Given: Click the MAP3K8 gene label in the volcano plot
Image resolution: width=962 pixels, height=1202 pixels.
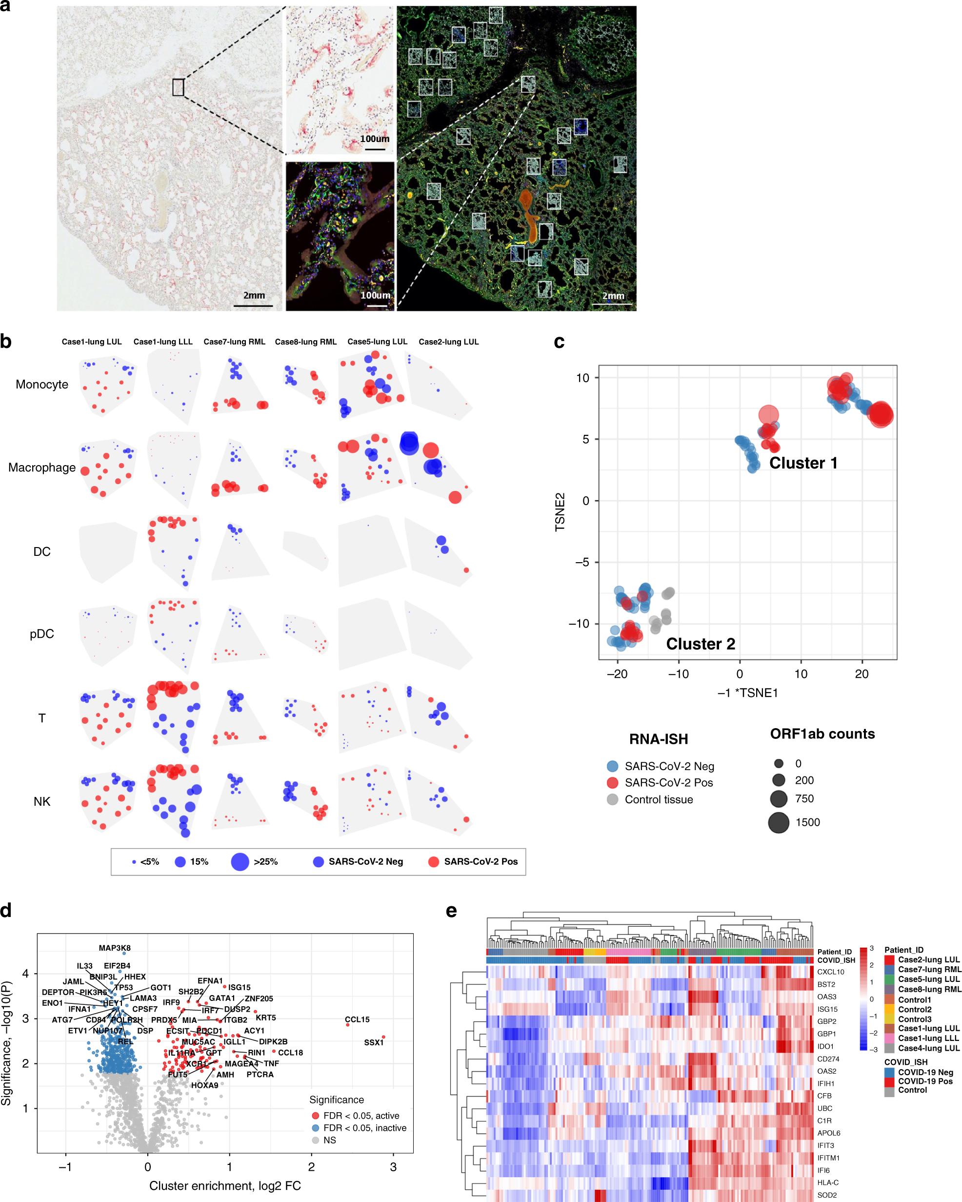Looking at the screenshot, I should tap(114, 948).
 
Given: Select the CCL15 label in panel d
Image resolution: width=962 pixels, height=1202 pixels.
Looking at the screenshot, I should tap(357, 1019).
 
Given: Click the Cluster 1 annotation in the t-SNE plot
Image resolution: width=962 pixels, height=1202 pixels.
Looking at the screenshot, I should tap(802, 463).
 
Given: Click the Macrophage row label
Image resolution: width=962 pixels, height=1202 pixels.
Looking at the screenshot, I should tap(42, 468).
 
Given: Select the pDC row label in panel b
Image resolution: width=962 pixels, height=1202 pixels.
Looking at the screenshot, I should tap(42, 634).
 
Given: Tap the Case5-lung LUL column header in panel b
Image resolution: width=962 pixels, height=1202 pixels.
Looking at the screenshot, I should tap(377, 342).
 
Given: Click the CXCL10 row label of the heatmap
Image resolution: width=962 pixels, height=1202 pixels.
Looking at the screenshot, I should tap(830, 972).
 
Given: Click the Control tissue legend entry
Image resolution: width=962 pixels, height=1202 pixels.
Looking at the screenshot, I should tap(658, 799).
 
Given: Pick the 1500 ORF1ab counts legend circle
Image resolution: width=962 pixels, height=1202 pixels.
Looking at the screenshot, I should tap(778, 822).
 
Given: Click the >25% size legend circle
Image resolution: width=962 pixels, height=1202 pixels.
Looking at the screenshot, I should tap(240, 861).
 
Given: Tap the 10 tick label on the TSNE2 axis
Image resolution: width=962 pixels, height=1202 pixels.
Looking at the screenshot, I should tap(582, 378).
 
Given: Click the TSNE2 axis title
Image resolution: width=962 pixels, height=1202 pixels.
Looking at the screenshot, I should tap(560, 512).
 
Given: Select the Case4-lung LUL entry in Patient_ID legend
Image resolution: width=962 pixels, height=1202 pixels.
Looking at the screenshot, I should tap(928, 1048).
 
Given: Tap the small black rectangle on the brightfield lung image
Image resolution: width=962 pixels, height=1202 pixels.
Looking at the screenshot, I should tap(178, 87).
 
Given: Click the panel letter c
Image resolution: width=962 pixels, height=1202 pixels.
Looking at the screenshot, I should tap(559, 342).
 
